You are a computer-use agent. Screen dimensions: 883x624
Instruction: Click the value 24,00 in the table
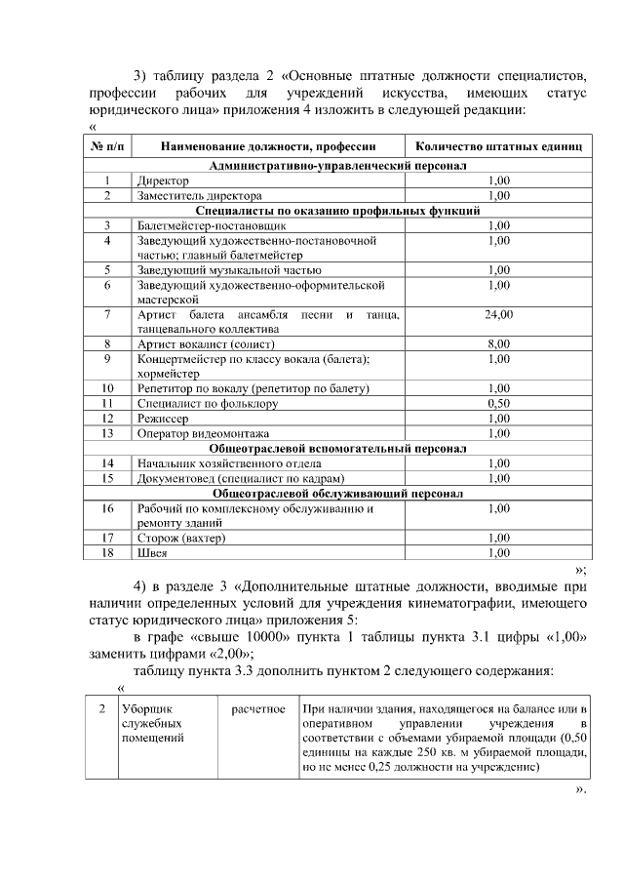coord(498,314)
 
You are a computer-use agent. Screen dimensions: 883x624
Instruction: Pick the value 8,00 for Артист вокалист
coord(498,343)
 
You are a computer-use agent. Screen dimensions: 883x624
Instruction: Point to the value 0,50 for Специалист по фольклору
coord(498,402)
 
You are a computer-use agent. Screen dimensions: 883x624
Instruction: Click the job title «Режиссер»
coord(161,418)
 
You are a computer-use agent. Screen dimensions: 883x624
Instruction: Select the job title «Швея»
coord(152,552)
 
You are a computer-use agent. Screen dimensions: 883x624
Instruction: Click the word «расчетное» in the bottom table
coord(257,707)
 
